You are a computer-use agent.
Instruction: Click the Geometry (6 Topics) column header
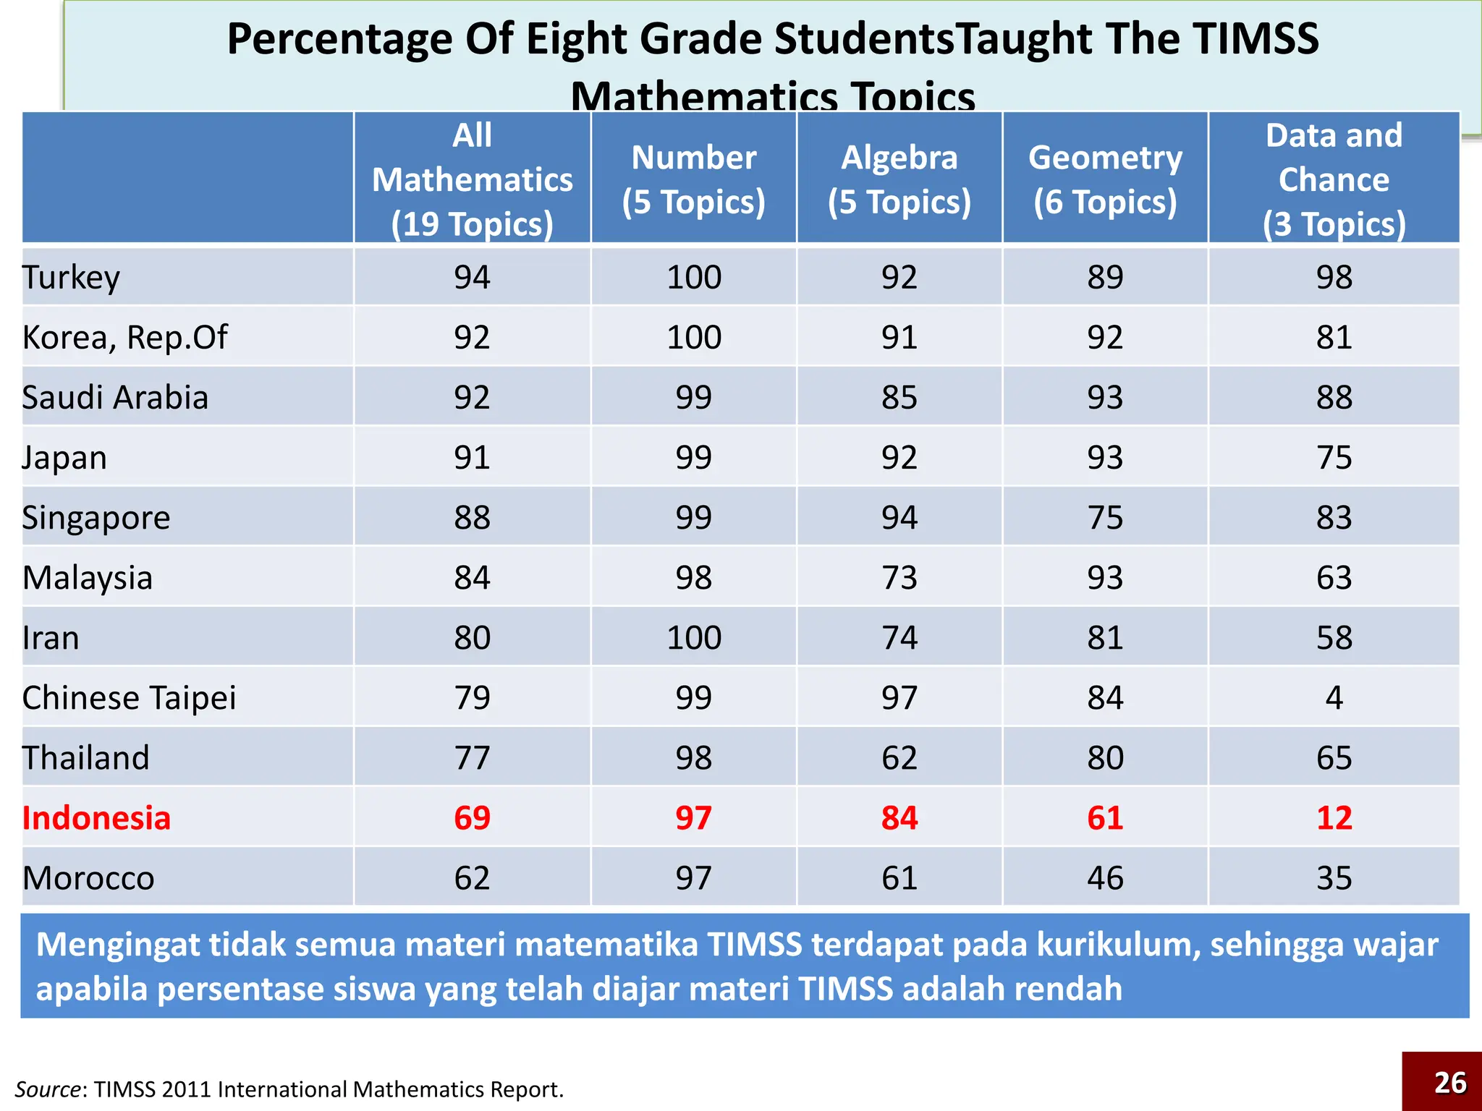[1105, 179]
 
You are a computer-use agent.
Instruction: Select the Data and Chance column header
[1334, 179]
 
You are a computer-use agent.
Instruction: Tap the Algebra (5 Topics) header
[899, 179]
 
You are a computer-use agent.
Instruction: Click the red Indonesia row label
[96, 818]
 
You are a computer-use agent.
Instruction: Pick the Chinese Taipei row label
[129, 698]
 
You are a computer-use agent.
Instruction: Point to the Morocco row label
[88, 878]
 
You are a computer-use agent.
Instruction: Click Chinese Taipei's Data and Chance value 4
[1334, 698]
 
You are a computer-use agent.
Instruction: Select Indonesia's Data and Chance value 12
[1334, 818]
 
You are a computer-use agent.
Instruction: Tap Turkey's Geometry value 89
[1105, 277]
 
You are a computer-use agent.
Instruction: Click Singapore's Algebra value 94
[899, 518]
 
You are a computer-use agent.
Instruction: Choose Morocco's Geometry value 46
[1105, 878]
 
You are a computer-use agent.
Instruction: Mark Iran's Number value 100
[693, 638]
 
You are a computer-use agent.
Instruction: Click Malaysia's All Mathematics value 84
[472, 578]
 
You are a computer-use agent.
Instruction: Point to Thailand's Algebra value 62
[899, 758]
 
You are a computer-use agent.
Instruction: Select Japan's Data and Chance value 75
[1334, 458]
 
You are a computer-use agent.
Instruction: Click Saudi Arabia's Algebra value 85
[899, 398]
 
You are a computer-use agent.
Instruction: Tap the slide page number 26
[1449, 1083]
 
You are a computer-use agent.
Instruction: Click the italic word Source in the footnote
[48, 1089]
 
